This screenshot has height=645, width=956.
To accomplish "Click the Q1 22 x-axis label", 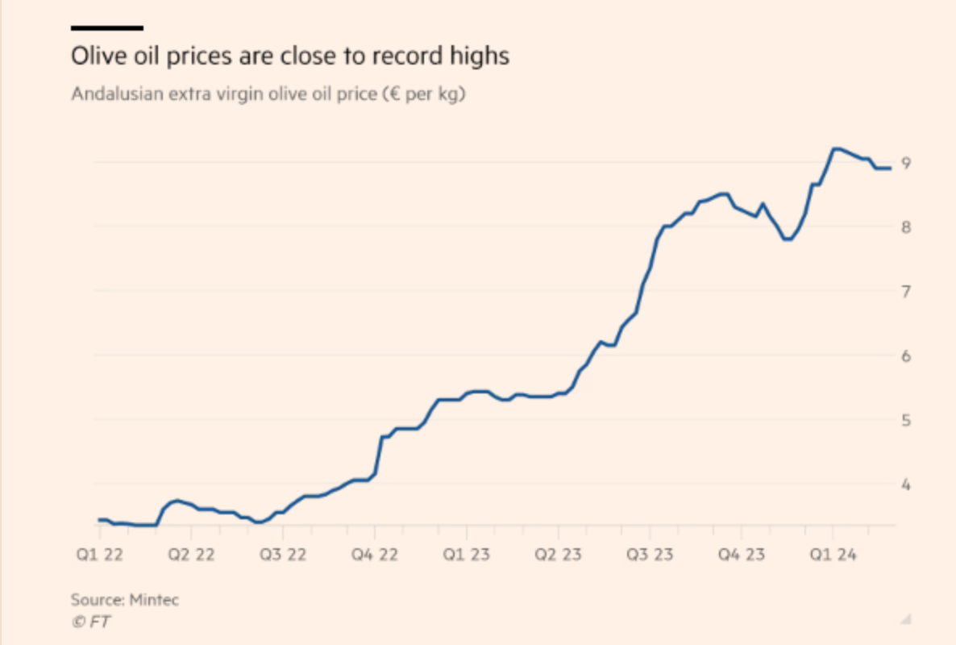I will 100,556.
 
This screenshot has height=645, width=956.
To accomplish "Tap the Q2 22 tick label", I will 191,556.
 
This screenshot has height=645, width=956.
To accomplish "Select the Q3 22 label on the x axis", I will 283,556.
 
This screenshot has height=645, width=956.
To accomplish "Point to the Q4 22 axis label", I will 375,556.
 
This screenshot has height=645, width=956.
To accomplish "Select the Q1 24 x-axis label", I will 833,556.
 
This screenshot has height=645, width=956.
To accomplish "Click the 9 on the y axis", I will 906,164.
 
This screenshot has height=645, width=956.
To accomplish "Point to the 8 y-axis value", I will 906,227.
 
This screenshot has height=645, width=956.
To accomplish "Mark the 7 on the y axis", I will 906,292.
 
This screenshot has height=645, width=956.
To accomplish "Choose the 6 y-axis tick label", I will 906,356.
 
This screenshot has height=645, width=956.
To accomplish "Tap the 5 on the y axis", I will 906,421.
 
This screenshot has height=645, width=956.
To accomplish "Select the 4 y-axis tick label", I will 906,485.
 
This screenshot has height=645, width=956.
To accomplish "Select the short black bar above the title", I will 107,27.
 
